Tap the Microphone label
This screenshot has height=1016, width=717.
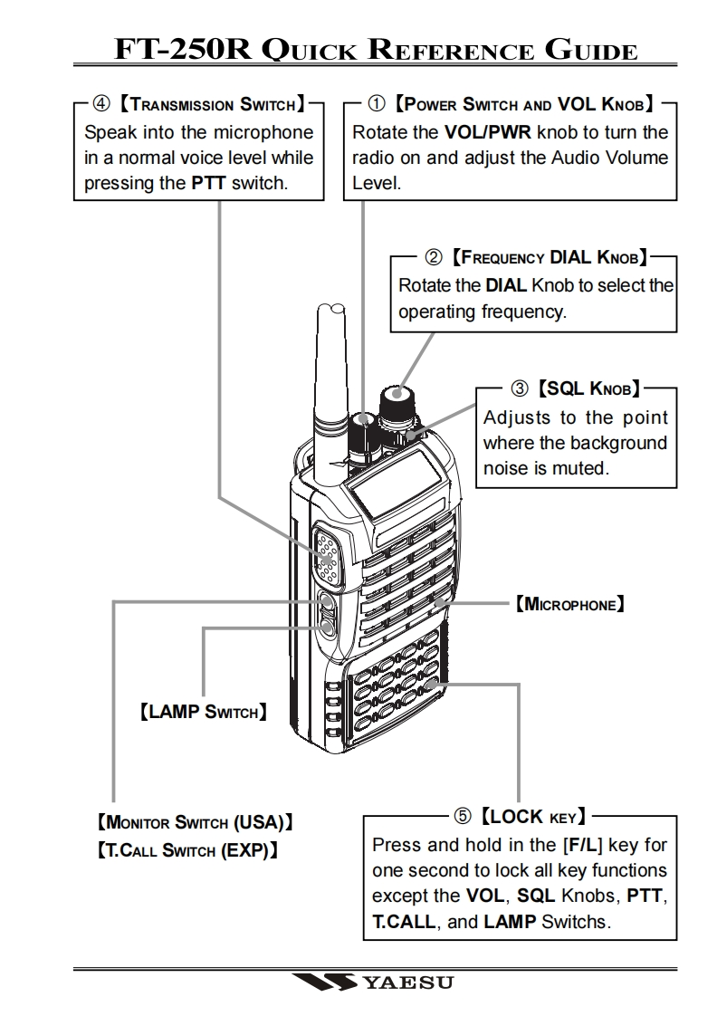[569, 601]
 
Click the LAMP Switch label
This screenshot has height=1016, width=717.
[202, 712]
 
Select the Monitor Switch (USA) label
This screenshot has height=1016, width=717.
[194, 825]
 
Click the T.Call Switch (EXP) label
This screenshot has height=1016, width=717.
[186, 851]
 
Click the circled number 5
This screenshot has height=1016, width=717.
[462, 817]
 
